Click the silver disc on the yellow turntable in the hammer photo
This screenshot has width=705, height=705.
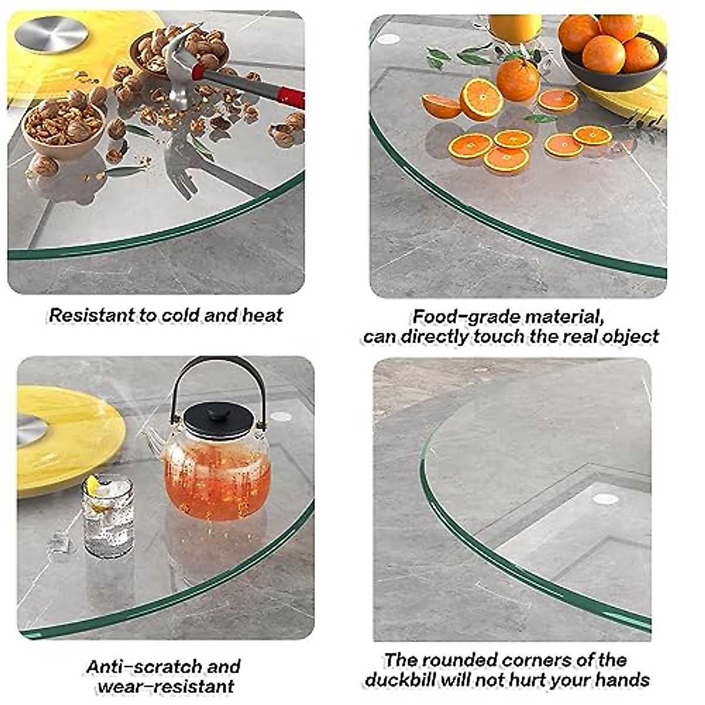click(x=51, y=33)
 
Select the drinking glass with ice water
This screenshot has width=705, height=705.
click(x=108, y=517)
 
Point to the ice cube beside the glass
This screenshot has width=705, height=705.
click(x=59, y=541)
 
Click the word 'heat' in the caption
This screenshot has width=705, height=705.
click(x=263, y=315)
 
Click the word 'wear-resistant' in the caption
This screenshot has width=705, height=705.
click(x=166, y=687)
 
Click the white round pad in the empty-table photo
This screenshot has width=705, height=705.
click(x=606, y=499)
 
